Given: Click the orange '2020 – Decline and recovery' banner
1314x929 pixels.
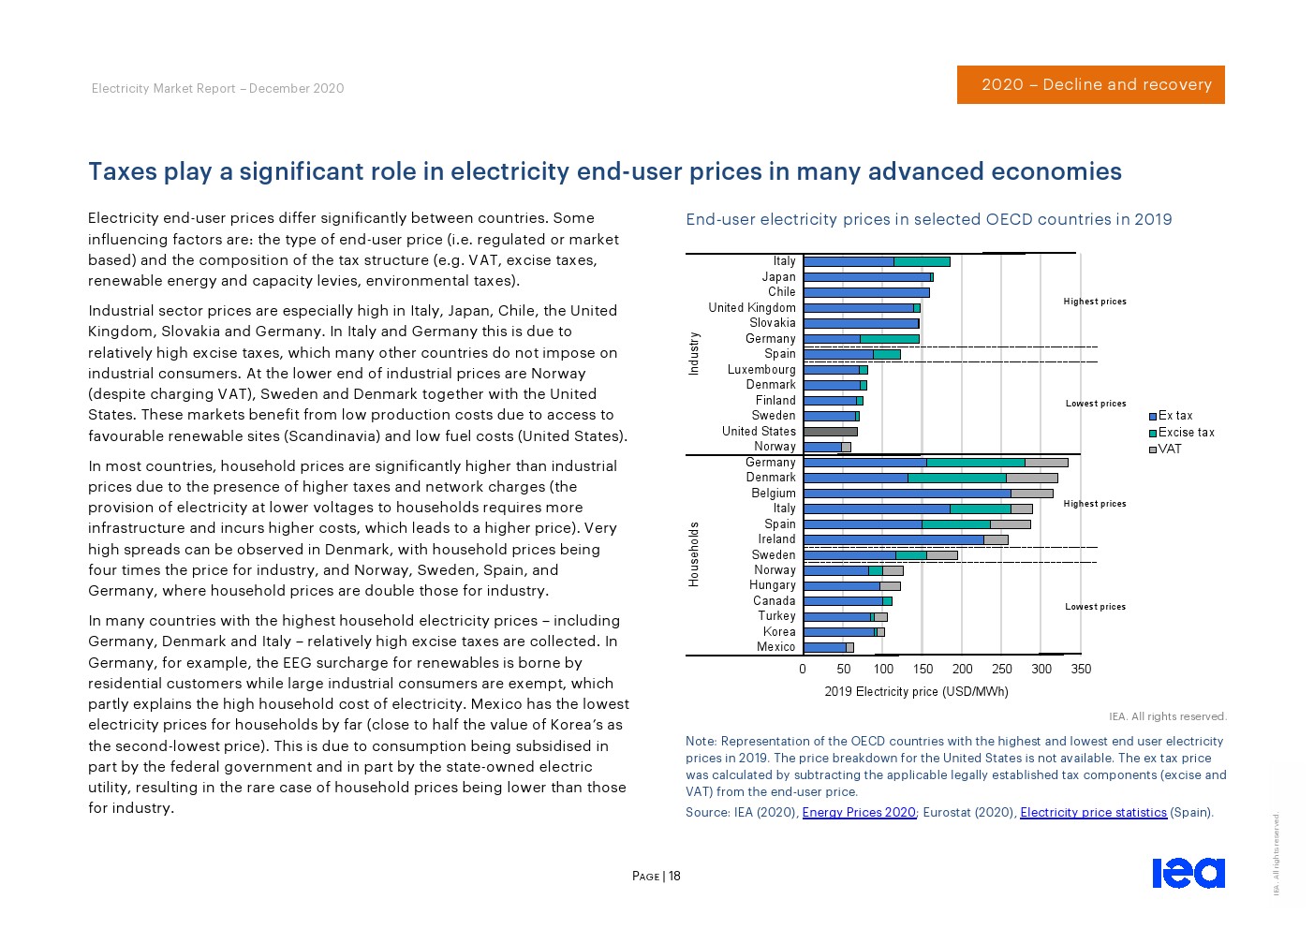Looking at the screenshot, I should coord(1090,84).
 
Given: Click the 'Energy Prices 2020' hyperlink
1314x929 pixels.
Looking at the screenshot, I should coord(859,812).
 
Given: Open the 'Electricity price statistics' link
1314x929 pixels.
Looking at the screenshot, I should coord(1093,812).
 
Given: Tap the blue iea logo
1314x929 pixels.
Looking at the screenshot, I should coord(1188,872).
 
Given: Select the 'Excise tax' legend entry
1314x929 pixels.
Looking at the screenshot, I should coord(1186,432).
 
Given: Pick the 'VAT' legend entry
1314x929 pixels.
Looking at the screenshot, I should coord(1170,449).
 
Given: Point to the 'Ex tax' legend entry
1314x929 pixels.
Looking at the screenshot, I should coord(1175,415).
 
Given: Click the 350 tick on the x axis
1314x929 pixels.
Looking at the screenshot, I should coord(1081,669).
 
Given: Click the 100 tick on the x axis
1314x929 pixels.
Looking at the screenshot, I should coord(883,669).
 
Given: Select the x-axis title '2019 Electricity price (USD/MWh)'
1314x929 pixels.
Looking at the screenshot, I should coord(916,691).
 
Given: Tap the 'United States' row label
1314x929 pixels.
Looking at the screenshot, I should coord(759,431).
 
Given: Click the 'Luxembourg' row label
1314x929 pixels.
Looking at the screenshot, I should coord(761,369).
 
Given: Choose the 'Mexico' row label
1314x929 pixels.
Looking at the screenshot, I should coord(775,646).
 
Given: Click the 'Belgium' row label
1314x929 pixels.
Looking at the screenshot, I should coord(774,493).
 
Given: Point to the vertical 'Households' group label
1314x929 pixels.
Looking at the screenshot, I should coord(694,554).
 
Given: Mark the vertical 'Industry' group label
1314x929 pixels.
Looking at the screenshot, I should coord(694,353).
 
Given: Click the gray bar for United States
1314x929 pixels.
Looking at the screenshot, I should coord(830,431).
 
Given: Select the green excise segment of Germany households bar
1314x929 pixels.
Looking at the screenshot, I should coord(975,462).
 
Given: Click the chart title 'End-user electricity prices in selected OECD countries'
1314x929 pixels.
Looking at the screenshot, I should coord(928,219).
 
